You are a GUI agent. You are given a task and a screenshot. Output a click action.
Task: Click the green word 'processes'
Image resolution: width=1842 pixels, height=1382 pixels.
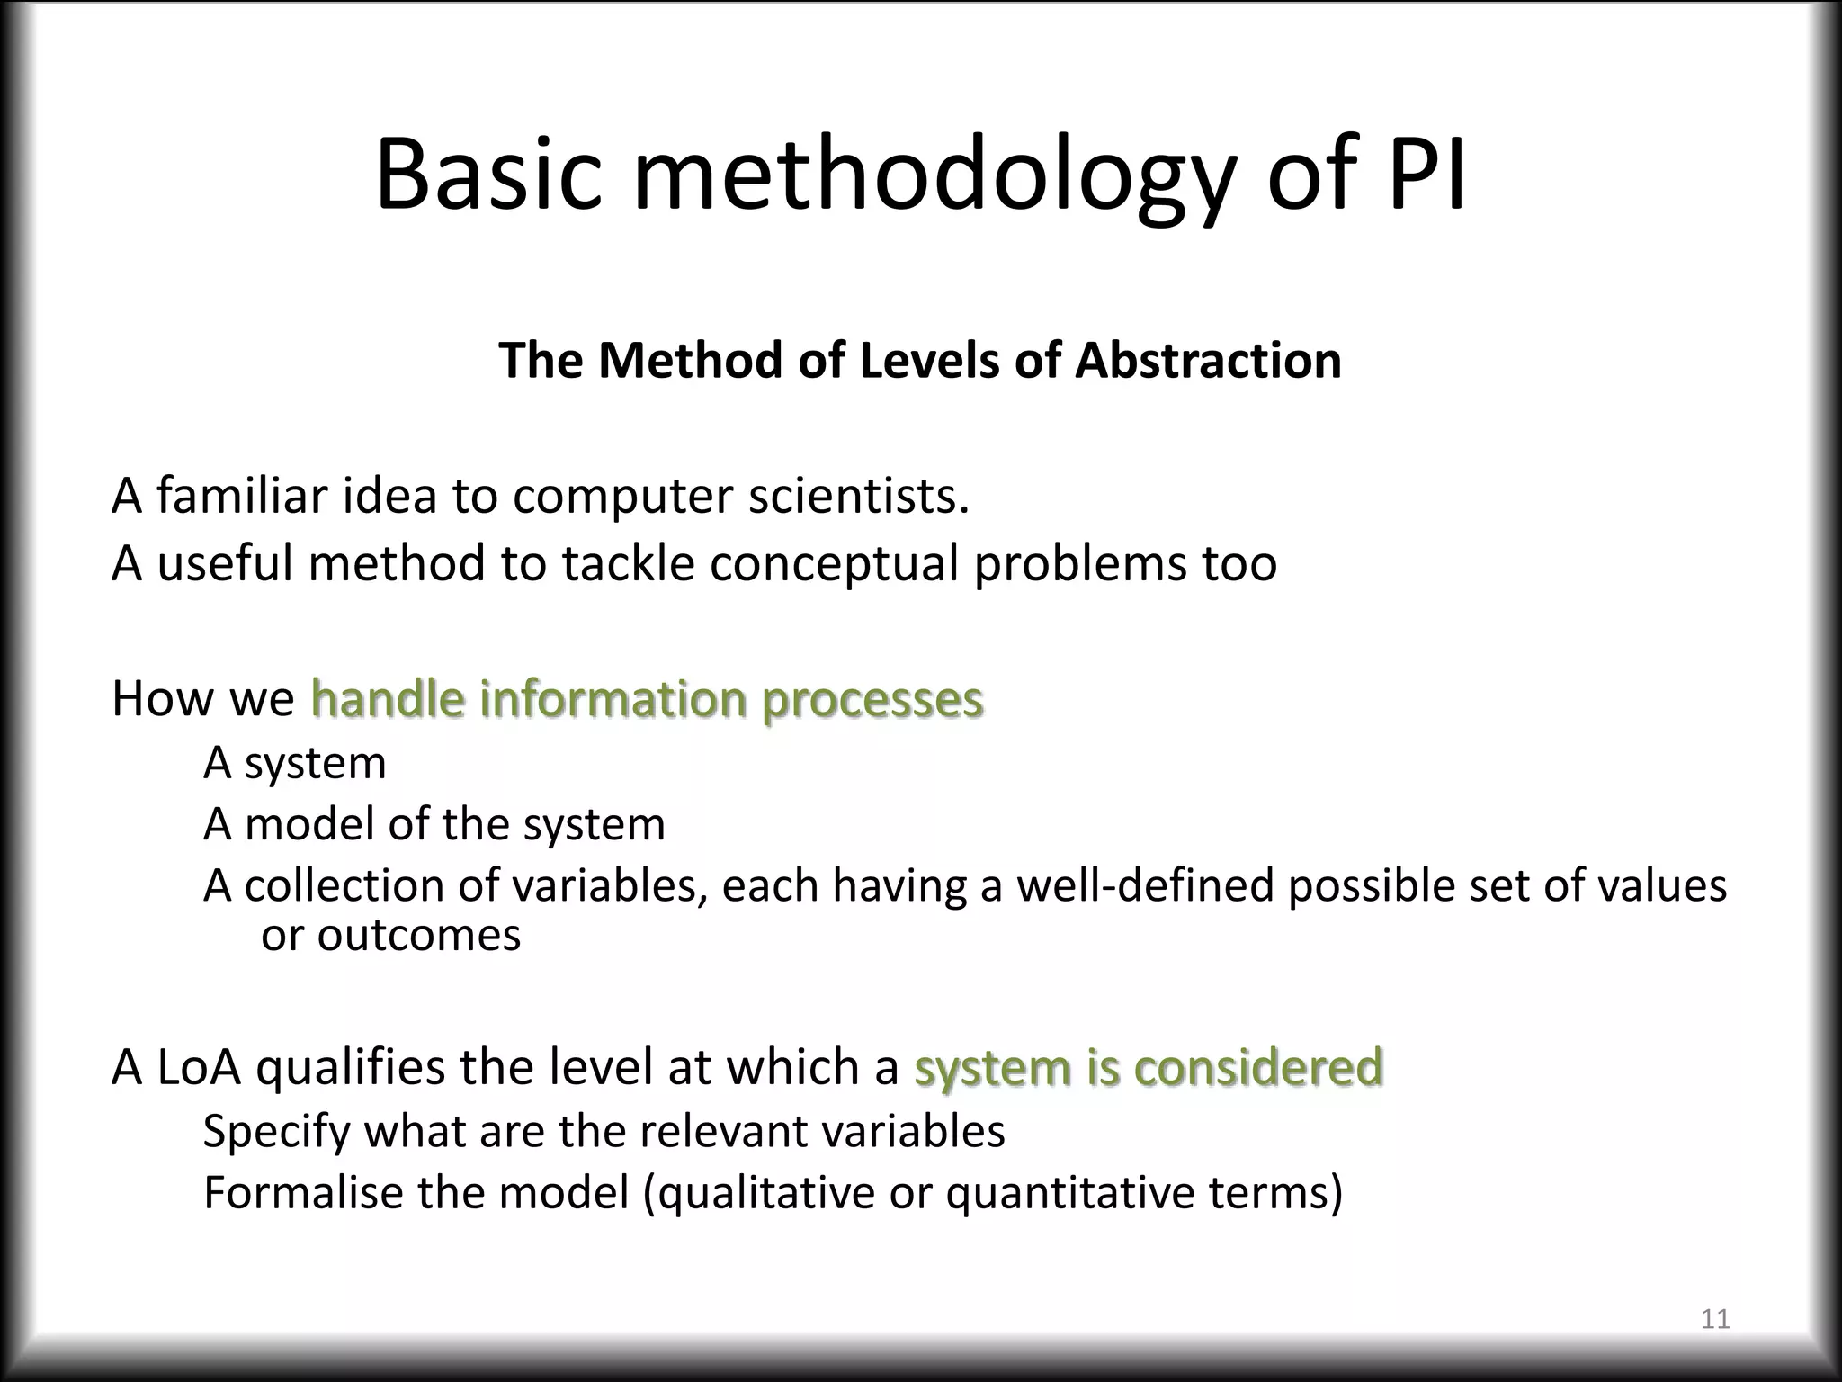click(872, 701)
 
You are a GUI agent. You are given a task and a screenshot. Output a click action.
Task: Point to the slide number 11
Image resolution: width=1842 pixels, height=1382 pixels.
click(1715, 1319)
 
